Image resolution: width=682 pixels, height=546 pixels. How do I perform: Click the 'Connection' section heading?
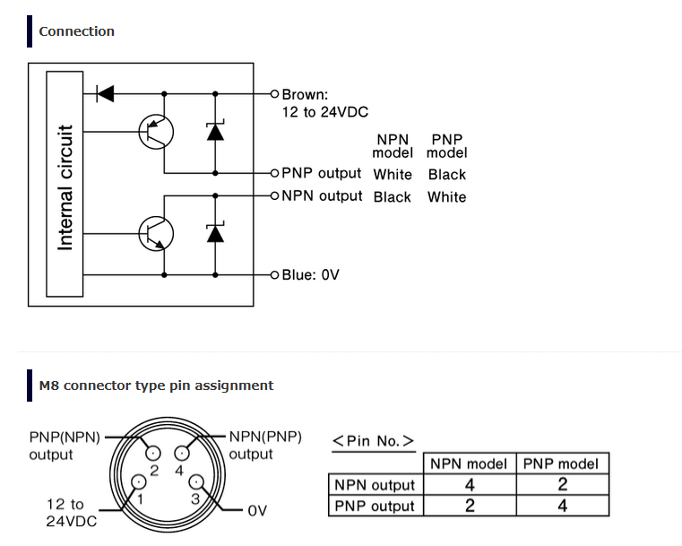tap(76, 31)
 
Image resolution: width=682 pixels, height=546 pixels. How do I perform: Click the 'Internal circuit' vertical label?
tap(65, 187)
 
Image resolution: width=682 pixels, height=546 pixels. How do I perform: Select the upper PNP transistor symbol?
tap(156, 132)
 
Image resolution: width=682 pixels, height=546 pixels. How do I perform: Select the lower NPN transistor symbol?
tap(156, 234)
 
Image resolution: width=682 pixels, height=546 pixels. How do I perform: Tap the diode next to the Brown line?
tap(105, 93)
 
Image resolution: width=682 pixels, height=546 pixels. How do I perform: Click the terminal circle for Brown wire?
tap(274, 93)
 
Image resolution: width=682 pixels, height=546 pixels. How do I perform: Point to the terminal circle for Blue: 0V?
tap(274, 275)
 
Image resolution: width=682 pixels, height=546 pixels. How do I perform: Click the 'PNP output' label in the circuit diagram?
tap(322, 173)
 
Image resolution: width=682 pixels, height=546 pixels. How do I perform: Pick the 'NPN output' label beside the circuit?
tap(322, 196)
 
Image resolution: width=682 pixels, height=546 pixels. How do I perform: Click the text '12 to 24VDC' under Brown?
tap(325, 112)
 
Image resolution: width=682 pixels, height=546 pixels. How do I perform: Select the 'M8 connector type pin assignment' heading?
tap(156, 386)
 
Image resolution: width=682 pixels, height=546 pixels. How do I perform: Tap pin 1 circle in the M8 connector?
tap(139, 482)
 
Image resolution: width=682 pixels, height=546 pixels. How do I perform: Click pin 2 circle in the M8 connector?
tap(152, 454)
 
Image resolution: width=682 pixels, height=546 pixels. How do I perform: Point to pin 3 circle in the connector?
tap(196, 482)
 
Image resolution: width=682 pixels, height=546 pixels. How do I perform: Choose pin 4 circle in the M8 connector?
tap(182, 454)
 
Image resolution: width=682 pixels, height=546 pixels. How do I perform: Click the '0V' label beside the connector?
tap(257, 510)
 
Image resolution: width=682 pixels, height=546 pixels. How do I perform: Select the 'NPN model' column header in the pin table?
tap(469, 464)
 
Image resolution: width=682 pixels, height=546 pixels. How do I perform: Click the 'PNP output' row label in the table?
tap(375, 506)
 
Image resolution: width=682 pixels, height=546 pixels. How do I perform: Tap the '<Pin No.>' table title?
tap(373, 441)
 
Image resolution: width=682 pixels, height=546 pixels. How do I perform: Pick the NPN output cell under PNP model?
tap(563, 485)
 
